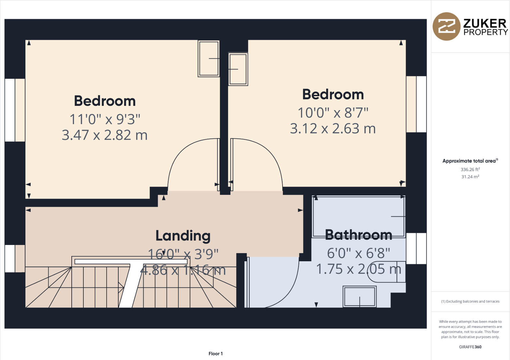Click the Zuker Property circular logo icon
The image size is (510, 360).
(446, 26)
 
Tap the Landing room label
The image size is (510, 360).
(183, 236)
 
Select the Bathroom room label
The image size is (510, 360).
(358, 235)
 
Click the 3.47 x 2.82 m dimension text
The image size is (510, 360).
(105, 135)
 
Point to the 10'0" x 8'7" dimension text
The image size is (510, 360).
(333, 113)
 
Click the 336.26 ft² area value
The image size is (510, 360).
(470, 169)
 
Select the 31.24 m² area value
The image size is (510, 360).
(470, 177)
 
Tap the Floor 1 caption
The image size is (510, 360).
(215, 353)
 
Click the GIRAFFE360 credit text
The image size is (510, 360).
(470, 347)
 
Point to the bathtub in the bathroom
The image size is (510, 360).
(358, 216)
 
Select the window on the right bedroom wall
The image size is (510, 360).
(416, 104)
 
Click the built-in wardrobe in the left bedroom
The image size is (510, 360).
(209, 59)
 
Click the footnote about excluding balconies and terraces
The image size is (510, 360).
(470, 301)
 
